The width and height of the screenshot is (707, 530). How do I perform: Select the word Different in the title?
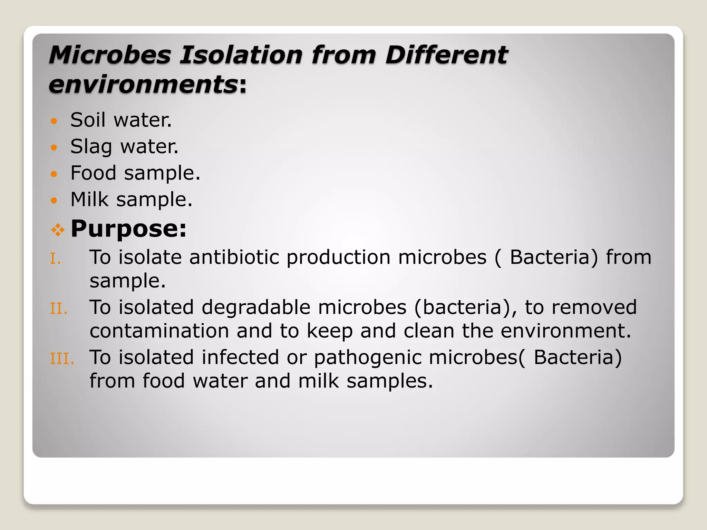[446, 55]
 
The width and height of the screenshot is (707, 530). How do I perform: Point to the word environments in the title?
[143, 85]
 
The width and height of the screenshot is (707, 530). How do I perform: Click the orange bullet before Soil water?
[54, 121]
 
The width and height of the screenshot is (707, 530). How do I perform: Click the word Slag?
[91, 147]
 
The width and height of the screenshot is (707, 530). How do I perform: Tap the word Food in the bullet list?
[93, 173]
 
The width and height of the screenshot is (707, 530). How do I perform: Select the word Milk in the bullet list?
[89, 199]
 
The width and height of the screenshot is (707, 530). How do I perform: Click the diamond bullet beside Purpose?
[58, 230]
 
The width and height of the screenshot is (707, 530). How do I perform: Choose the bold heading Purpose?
[128, 228]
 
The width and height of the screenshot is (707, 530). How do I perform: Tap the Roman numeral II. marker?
[58, 309]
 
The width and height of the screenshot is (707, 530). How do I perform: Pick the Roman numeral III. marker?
[62, 359]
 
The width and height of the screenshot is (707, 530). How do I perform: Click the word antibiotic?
[234, 257]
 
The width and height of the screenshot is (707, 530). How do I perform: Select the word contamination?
[159, 331]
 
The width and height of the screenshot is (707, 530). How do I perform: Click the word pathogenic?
[367, 357]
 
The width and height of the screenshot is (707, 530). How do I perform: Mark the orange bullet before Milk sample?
[54, 200]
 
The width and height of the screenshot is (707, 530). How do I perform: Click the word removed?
[594, 307]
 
